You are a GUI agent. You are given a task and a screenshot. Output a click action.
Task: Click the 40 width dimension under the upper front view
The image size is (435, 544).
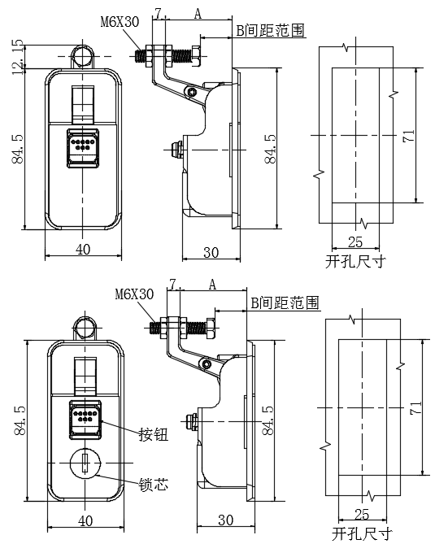pyautogui.click(x=82, y=250)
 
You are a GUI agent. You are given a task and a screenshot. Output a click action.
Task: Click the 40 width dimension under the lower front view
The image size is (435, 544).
pyautogui.click(x=85, y=520)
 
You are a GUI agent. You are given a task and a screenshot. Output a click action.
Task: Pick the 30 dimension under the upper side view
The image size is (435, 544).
pyautogui.click(x=211, y=252)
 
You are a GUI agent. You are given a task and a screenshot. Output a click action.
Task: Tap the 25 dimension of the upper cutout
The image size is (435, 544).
pyautogui.click(x=355, y=242)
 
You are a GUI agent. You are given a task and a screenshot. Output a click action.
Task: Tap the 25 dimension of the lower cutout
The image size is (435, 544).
pyautogui.click(x=362, y=514)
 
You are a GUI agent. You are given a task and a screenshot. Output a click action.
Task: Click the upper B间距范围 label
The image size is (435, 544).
pyautogui.click(x=270, y=31)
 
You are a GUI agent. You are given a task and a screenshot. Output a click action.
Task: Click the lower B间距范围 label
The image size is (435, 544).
pyautogui.click(x=284, y=302)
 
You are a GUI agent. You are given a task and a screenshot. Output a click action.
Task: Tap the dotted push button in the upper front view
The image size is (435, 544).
pyautogui.click(x=82, y=147)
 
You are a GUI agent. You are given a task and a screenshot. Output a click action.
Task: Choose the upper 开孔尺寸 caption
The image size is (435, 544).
pyautogui.click(x=355, y=262)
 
